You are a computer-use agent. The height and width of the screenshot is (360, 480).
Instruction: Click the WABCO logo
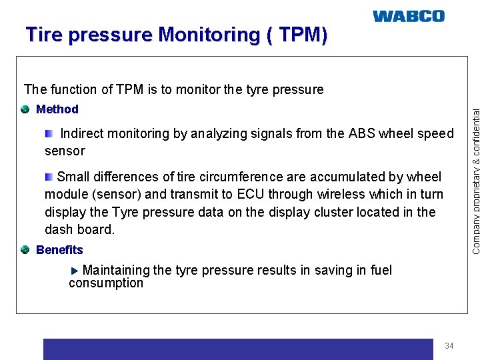(408, 16)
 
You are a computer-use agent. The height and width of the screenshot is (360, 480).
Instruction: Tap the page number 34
(449, 346)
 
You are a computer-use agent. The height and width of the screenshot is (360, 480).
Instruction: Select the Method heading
(57, 109)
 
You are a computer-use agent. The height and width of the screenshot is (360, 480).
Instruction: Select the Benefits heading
(59, 250)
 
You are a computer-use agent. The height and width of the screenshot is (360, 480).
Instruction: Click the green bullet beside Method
(25, 109)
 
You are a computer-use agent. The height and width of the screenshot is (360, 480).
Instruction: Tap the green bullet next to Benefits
(25, 250)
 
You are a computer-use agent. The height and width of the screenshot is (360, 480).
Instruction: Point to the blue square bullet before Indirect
(49, 134)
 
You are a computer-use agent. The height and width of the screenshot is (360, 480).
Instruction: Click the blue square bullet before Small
(49, 177)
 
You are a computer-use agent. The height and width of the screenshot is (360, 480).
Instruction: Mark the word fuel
(380, 270)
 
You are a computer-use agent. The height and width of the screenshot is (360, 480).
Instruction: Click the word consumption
(105, 283)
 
